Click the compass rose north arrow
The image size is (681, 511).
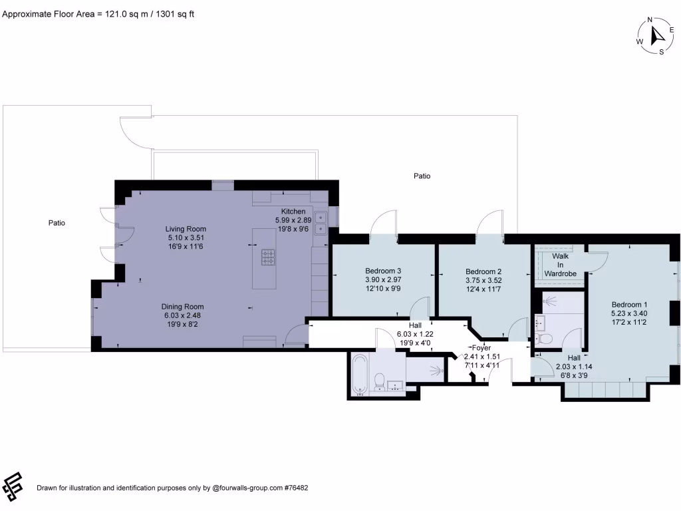pyautogui.click(x=654, y=35)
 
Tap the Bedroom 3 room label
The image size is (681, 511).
pyautogui.click(x=383, y=271)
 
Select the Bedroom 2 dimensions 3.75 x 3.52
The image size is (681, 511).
pyautogui.click(x=483, y=280)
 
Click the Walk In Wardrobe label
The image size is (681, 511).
pyautogui.click(x=560, y=264)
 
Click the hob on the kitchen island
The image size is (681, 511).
pyautogui.click(x=269, y=257)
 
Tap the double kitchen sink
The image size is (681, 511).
pyautogui.click(x=321, y=223)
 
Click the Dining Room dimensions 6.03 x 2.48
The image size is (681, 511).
pyautogui.click(x=182, y=316)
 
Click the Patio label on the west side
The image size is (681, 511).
pyautogui.click(x=57, y=223)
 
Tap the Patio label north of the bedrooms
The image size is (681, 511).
pyautogui.click(x=422, y=176)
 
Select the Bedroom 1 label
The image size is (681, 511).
pyautogui.click(x=629, y=304)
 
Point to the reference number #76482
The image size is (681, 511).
pyautogui.click(x=295, y=488)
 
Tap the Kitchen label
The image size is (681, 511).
pyautogui.click(x=293, y=211)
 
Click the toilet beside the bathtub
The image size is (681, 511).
pyautogui.click(x=379, y=381)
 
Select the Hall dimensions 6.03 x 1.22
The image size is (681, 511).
pyautogui.click(x=415, y=334)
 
